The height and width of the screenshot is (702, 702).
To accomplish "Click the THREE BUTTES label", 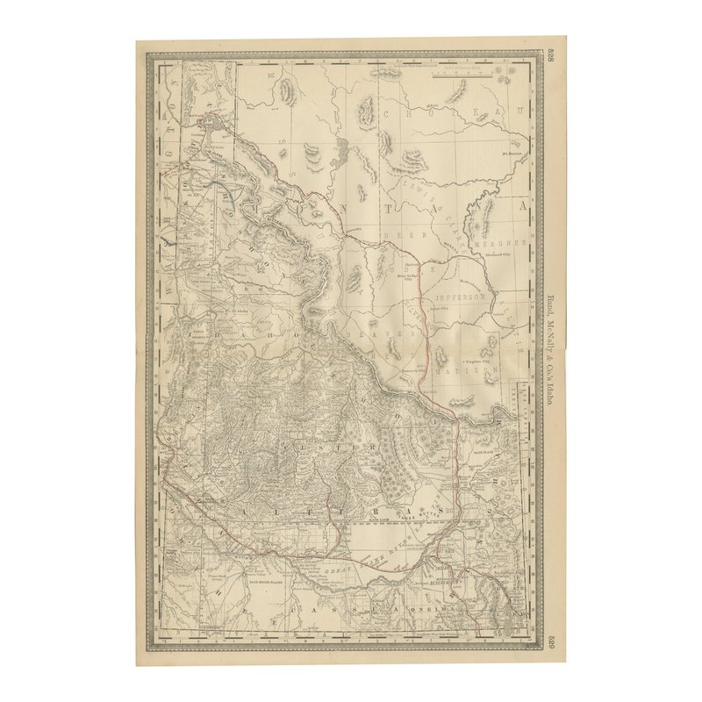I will tap(412, 519).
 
